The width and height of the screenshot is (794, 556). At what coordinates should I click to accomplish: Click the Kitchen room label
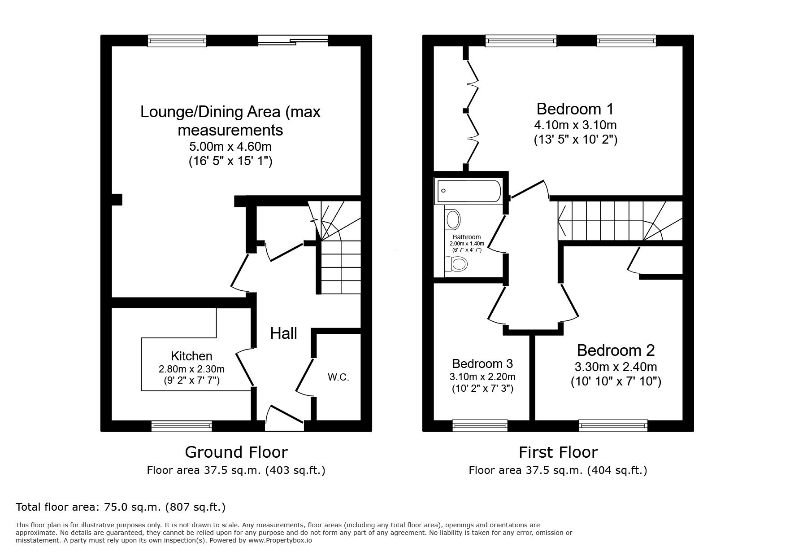(x=191, y=356)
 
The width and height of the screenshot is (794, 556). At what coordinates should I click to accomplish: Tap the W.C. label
(x=338, y=377)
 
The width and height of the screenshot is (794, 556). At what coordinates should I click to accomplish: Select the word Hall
(x=284, y=333)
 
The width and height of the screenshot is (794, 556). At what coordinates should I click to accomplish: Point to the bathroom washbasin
(x=453, y=220)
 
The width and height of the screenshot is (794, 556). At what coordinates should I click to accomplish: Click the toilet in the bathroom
(x=458, y=264)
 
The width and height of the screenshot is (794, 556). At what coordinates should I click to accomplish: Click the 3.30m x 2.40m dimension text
(x=616, y=367)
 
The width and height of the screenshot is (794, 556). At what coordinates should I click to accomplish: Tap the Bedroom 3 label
(x=482, y=363)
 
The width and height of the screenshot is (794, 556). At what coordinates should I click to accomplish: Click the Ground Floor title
(x=236, y=452)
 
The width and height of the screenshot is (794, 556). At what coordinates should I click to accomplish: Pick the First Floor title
(x=558, y=452)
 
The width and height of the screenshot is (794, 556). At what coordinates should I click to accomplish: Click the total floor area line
(x=121, y=507)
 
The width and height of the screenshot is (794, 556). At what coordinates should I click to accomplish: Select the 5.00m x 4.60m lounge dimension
(x=230, y=146)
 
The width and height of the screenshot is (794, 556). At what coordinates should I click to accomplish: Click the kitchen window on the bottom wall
(x=182, y=425)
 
